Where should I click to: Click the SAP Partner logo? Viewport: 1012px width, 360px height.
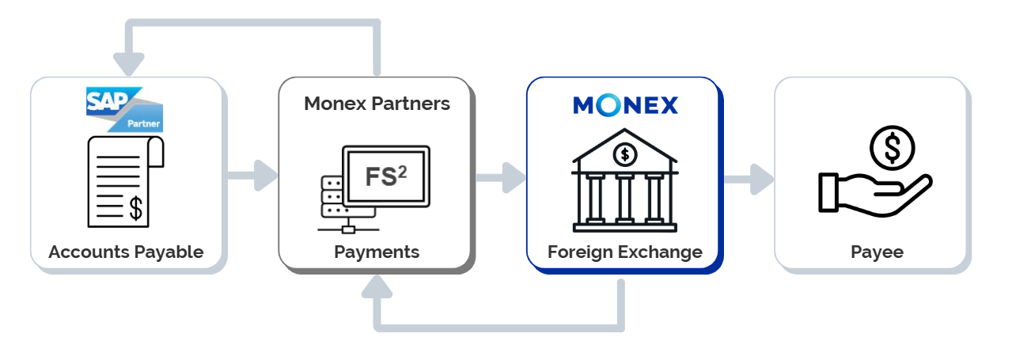tap(124, 109)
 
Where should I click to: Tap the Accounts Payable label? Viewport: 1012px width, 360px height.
tap(126, 252)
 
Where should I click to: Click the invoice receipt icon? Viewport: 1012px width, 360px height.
tap(124, 181)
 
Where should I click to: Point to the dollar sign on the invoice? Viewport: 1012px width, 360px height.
tap(136, 208)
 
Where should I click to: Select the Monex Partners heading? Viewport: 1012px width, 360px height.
tap(377, 104)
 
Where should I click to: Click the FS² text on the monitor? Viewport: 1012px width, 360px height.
tap(386, 176)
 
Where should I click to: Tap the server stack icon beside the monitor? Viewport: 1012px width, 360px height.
tap(333, 196)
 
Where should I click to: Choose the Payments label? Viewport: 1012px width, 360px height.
tap(377, 252)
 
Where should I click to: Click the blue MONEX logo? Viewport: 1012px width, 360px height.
tap(625, 105)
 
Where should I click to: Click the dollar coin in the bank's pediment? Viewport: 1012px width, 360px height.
tap(625, 153)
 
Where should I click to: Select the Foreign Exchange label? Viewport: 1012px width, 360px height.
tap(625, 252)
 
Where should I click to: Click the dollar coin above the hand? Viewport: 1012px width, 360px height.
tap(892, 147)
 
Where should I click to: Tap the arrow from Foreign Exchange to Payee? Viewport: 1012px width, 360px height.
tap(749, 179)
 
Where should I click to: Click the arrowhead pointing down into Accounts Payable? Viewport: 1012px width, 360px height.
tap(129, 63)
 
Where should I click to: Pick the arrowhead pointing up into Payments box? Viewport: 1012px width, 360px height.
tap(377, 286)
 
